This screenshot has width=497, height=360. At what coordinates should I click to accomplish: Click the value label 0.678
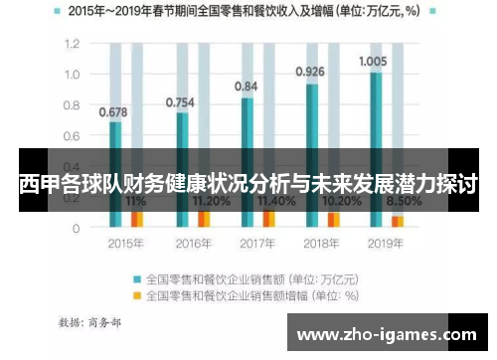[112, 111]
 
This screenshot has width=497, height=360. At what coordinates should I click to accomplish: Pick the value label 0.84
[247, 87]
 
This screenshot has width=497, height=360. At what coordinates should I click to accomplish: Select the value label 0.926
[310, 72]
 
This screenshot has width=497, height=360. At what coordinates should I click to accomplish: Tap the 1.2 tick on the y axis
[71, 45]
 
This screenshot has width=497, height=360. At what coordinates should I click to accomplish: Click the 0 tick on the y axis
[76, 228]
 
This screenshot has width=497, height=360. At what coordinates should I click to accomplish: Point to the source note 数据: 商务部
[90, 322]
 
